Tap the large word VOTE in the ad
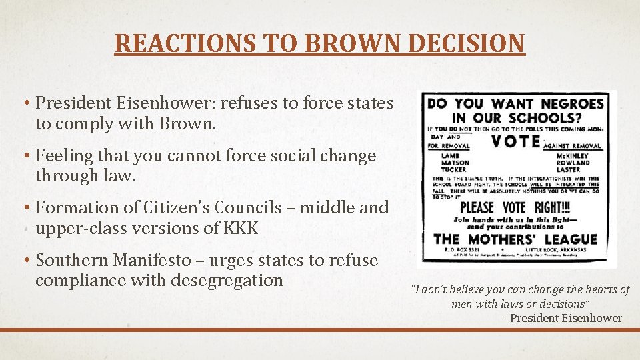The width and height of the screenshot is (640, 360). (x=515, y=141)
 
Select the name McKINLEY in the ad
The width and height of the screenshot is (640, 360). (x=572, y=155)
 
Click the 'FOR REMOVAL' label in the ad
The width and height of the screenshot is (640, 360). (x=449, y=146)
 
